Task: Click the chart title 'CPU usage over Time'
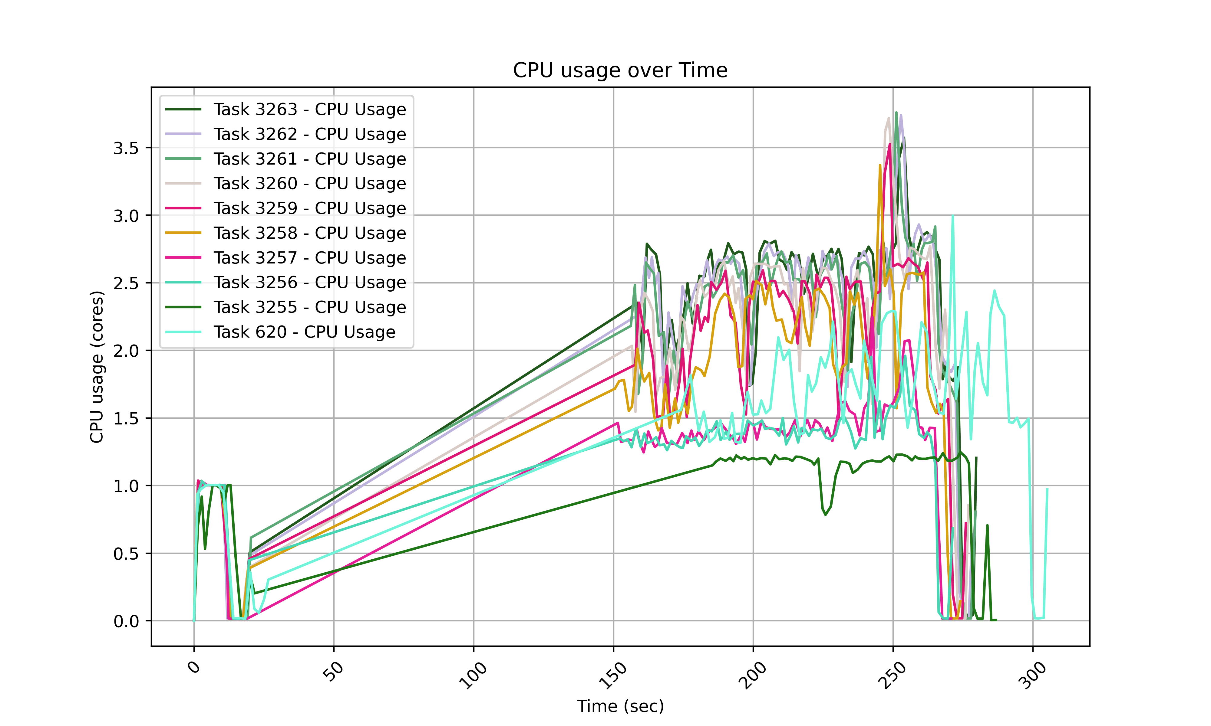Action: pyautogui.click(x=620, y=70)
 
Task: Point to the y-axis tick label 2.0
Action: pyautogui.click(x=126, y=351)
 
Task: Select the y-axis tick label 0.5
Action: pyautogui.click(x=126, y=554)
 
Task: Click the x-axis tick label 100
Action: pyautogui.click(x=473, y=675)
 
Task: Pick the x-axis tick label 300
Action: pyautogui.click(x=1033, y=675)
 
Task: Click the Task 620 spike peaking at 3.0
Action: pyautogui.click(x=952, y=216)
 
